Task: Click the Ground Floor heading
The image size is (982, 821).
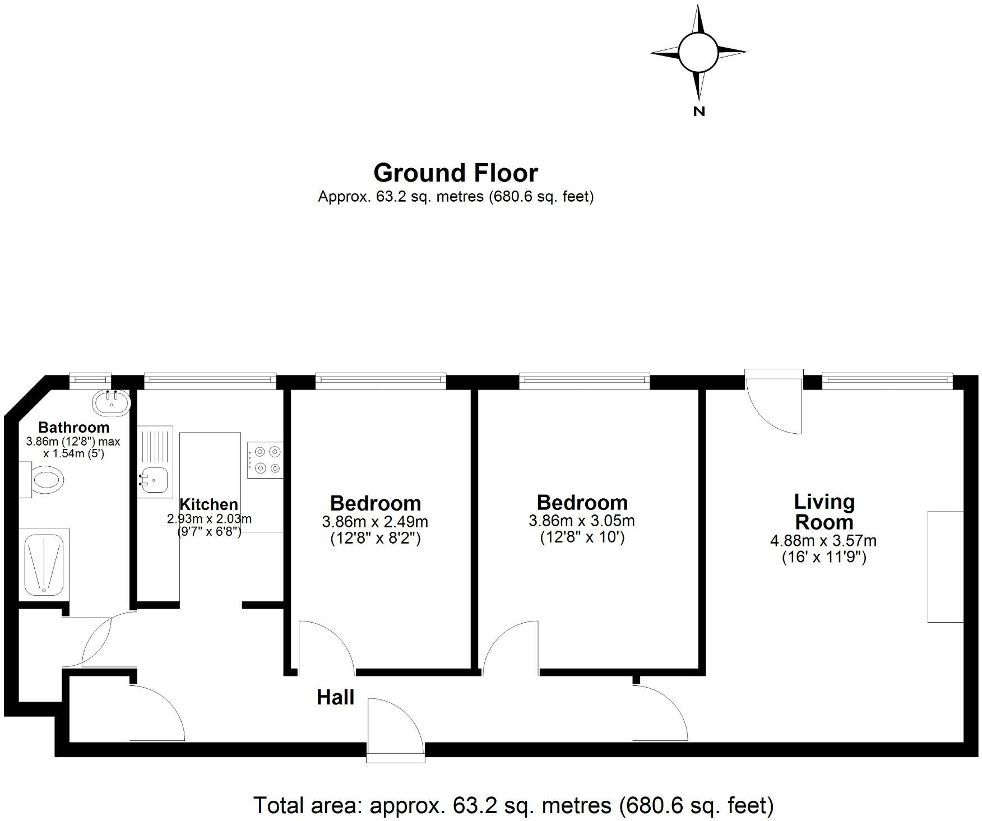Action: [x=455, y=173]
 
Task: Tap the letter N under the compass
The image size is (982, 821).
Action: [x=698, y=111]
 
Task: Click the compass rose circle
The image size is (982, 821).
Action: [x=698, y=52]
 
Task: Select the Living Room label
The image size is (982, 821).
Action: [x=824, y=512]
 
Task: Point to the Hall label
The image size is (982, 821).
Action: [x=335, y=697]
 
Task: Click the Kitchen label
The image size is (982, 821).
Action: [x=209, y=504]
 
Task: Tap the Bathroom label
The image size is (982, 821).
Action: [x=73, y=427]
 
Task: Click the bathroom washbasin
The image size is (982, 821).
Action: [x=112, y=401]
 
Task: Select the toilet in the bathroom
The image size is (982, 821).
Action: [x=44, y=480]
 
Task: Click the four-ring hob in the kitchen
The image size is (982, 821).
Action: [x=266, y=460]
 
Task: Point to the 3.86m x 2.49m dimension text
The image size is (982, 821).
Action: [x=374, y=522]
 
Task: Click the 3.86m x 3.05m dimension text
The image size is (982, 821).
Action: [x=581, y=521]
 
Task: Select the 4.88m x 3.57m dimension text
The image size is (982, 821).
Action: [x=823, y=541]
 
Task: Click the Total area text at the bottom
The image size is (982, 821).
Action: [x=513, y=805]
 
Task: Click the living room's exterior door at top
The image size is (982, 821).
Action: [x=774, y=401]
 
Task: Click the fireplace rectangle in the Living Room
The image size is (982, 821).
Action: [x=945, y=566]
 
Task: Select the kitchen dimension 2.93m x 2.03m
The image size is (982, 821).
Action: [x=209, y=519]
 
